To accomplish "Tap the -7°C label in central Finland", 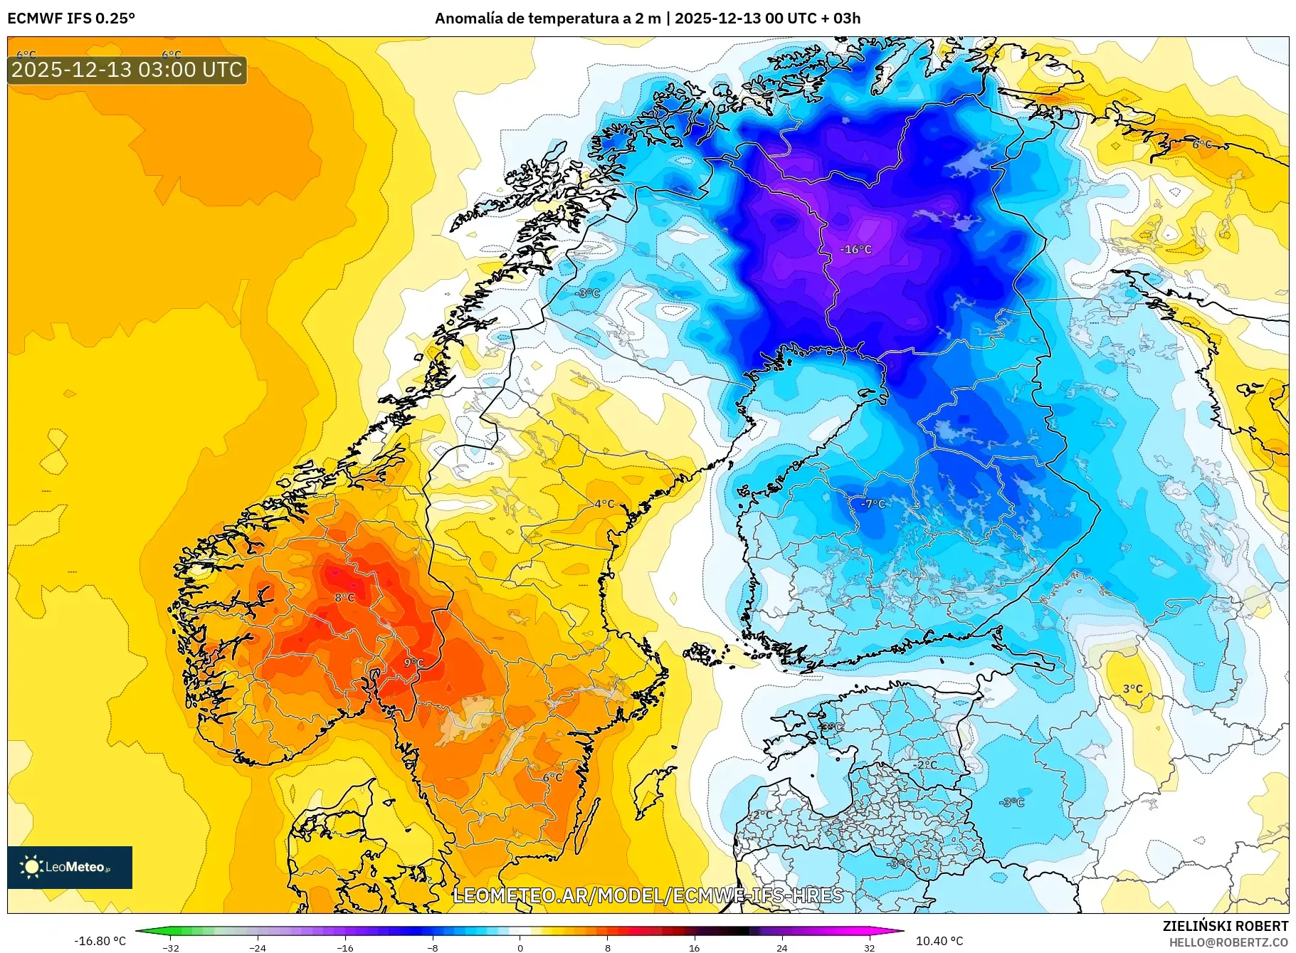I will (873, 504).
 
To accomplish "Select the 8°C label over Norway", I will (344, 598).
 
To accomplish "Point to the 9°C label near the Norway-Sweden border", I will (413, 663).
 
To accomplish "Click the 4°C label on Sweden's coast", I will (604, 504).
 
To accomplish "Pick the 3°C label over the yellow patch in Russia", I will (1132, 689).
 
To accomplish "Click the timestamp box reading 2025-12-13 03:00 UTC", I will (127, 70).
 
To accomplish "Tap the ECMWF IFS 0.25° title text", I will (71, 19).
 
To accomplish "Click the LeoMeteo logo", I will (70, 867).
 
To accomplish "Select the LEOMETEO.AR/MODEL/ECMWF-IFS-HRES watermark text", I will (648, 895).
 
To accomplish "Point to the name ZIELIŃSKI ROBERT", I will (1225, 926).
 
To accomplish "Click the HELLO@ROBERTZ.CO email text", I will (1228, 942).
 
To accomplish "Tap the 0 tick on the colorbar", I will (520, 948).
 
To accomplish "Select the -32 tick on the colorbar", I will (171, 948).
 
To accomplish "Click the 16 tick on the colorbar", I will (694, 948).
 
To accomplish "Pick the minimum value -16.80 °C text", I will (100, 941).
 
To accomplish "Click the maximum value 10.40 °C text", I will (939, 941).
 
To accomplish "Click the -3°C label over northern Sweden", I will (588, 293).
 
